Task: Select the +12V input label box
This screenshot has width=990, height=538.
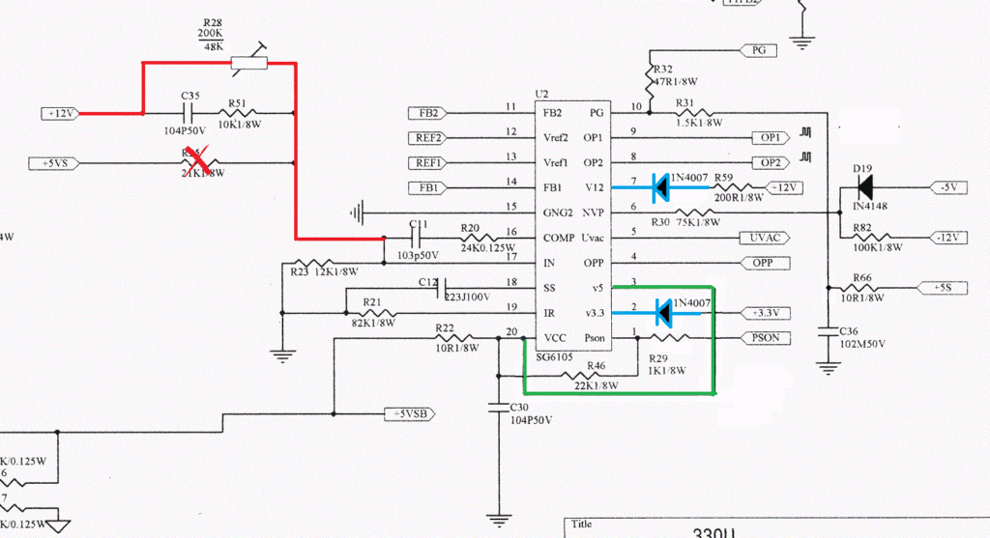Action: (60, 113)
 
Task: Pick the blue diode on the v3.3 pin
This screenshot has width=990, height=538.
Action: (662, 312)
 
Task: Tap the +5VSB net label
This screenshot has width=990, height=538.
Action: (411, 413)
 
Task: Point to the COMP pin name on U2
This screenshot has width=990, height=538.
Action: (559, 237)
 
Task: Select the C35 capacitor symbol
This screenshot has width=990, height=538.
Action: (189, 113)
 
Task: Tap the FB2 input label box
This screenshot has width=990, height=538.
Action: (427, 112)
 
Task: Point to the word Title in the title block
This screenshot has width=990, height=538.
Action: (581, 524)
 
